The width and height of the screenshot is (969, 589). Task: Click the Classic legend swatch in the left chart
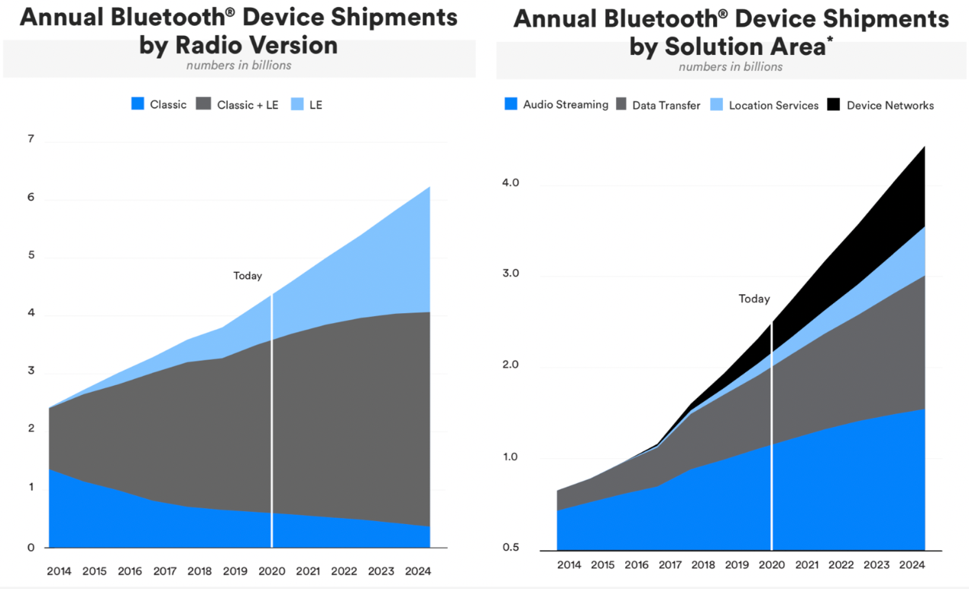pyautogui.click(x=138, y=104)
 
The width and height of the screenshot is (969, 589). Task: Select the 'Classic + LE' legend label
pyautogui.click(x=248, y=105)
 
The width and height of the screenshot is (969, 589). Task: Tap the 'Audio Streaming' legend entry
pyautogui.click(x=566, y=105)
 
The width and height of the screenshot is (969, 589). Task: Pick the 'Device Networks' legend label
pyautogui.click(x=890, y=105)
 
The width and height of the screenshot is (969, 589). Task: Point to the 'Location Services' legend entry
pyautogui.click(x=773, y=105)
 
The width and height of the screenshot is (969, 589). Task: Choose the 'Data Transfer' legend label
pyautogui.click(x=666, y=105)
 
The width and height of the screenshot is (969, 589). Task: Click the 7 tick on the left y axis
pyautogui.click(x=31, y=140)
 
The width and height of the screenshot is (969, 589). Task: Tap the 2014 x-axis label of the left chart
pyautogui.click(x=59, y=571)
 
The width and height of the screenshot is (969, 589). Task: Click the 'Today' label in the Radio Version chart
pyautogui.click(x=248, y=276)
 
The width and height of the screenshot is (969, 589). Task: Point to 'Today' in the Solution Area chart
pyautogui.click(x=754, y=299)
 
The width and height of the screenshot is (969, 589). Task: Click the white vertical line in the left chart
pyautogui.click(x=272, y=420)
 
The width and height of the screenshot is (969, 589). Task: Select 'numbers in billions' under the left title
pyautogui.click(x=238, y=65)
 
